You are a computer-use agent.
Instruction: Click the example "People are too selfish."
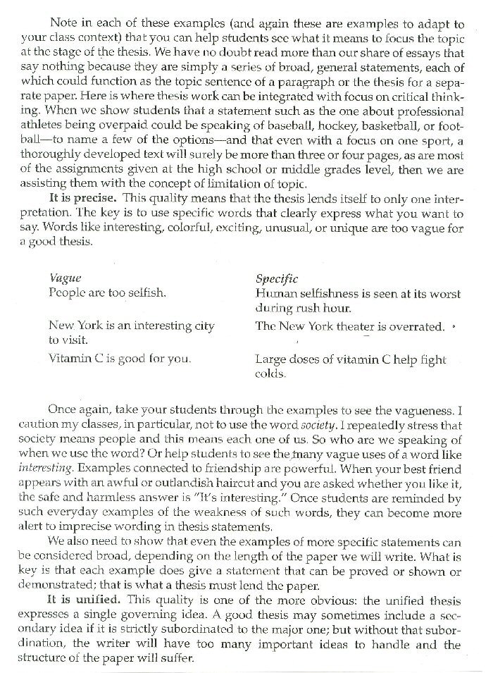[107, 292]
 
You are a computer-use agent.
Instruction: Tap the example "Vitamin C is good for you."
[119, 358]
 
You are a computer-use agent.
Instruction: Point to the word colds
[271, 373]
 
